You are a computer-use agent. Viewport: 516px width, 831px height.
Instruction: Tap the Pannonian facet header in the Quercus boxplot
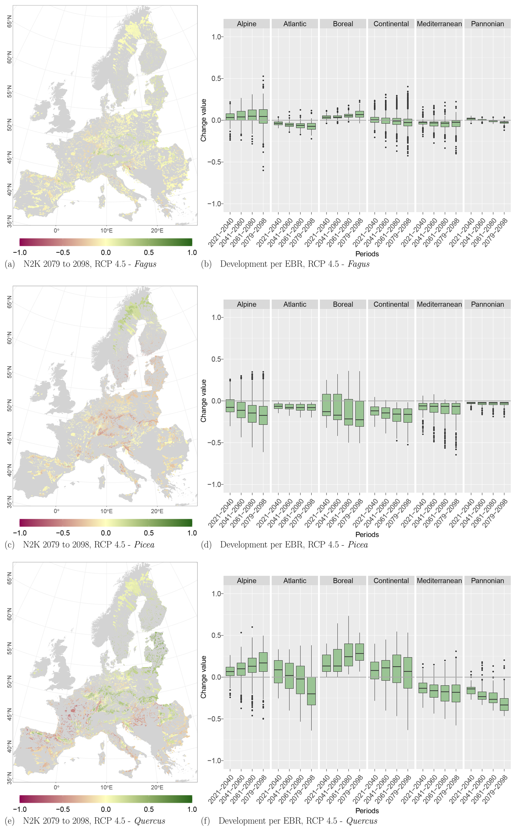click(487, 581)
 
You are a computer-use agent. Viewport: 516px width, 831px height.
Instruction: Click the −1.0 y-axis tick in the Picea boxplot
click(214, 484)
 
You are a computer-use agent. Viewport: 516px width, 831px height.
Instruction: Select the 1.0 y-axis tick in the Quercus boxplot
click(216, 594)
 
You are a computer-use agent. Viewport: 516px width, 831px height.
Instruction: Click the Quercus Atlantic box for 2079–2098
click(311, 691)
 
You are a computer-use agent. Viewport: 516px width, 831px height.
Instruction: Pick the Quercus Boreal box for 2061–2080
click(349, 655)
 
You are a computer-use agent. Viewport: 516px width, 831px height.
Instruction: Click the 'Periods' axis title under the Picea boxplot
click(367, 535)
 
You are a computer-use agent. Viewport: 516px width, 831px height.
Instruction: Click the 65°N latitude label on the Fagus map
click(9, 21)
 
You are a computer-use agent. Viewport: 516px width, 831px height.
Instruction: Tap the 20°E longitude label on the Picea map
click(157, 511)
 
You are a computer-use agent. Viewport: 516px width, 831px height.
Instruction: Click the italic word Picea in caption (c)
click(144, 545)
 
